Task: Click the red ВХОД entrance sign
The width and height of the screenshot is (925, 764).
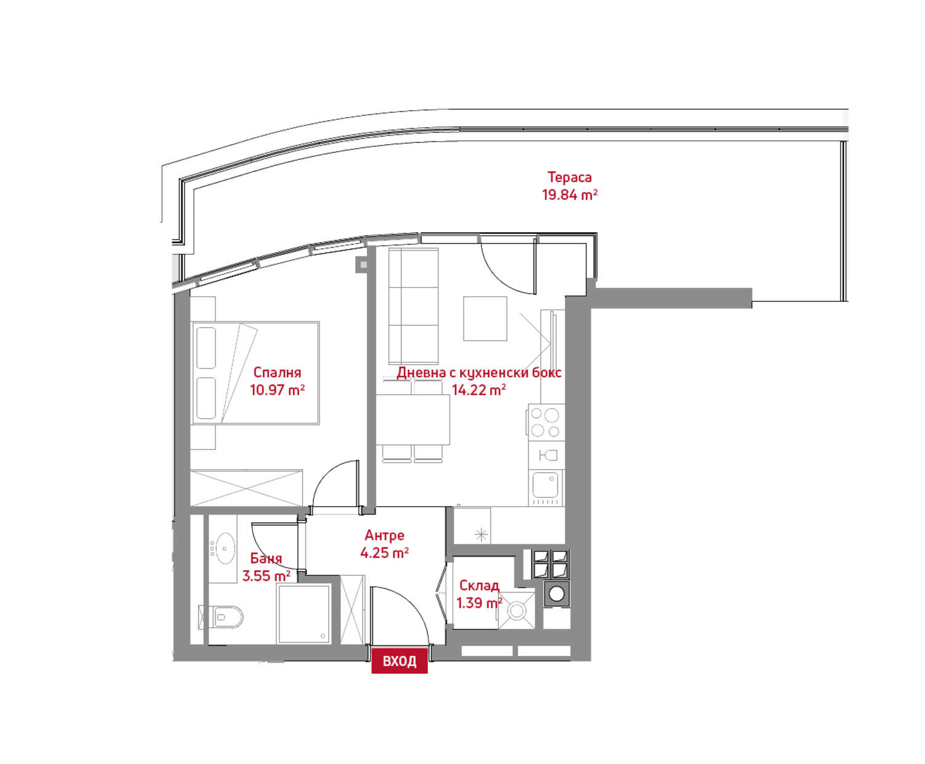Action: click(399, 661)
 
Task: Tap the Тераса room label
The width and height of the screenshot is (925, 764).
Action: click(569, 177)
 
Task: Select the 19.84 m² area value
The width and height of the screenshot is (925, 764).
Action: click(569, 194)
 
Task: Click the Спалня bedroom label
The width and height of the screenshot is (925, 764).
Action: click(277, 373)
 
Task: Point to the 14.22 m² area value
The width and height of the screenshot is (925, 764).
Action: click(479, 390)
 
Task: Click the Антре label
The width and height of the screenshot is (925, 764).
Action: click(384, 536)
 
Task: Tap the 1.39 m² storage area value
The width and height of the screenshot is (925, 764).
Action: click(479, 603)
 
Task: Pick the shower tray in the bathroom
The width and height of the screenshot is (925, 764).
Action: click(304, 613)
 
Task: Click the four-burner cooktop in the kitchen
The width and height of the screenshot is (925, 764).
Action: click(545, 423)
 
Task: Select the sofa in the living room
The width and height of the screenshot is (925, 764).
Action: click(413, 306)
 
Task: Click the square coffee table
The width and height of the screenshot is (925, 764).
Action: click(485, 319)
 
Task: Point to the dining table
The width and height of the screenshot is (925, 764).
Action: click(413, 420)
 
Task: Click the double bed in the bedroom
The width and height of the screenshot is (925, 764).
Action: click(255, 373)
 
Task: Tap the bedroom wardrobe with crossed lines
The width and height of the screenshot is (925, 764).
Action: click(246, 488)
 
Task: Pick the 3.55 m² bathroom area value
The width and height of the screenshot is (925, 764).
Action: click(266, 576)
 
